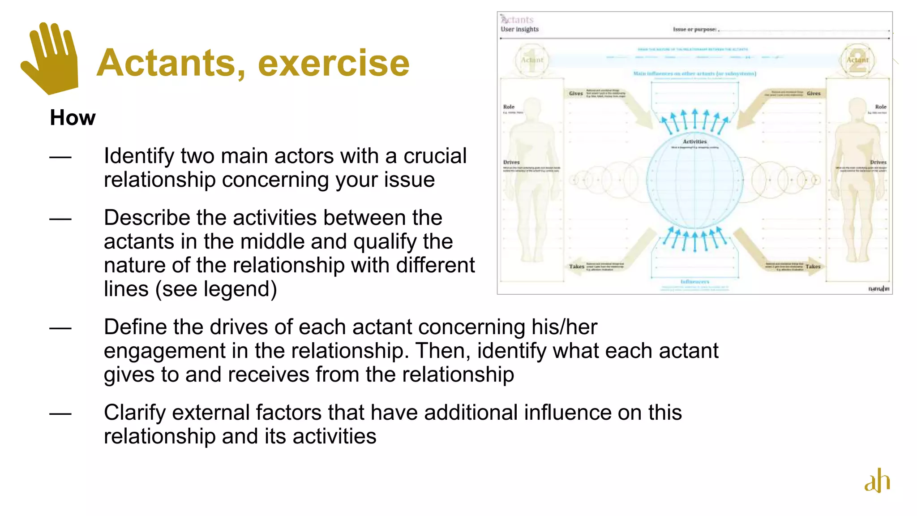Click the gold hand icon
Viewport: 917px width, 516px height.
point(50,58)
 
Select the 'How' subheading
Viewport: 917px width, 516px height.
point(73,118)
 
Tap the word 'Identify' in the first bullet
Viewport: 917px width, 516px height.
point(139,156)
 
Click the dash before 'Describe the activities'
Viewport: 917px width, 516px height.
point(60,219)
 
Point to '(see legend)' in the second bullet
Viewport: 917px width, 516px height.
point(216,289)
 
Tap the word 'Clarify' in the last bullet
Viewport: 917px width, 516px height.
point(135,413)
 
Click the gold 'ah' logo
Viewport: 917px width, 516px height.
point(877,481)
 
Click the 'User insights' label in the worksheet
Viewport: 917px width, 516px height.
point(519,29)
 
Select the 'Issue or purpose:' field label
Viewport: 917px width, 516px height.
point(695,29)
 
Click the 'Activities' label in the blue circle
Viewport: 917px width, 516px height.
point(694,142)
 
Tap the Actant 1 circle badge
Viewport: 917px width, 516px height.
point(531,60)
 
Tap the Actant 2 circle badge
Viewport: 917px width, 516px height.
point(857,60)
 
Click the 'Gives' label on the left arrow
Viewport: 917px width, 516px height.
point(576,94)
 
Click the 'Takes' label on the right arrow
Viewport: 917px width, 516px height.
point(813,267)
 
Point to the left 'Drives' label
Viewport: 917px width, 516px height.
point(511,162)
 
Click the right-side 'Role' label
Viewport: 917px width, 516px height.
point(880,107)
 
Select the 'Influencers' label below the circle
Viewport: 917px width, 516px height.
point(694,282)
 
